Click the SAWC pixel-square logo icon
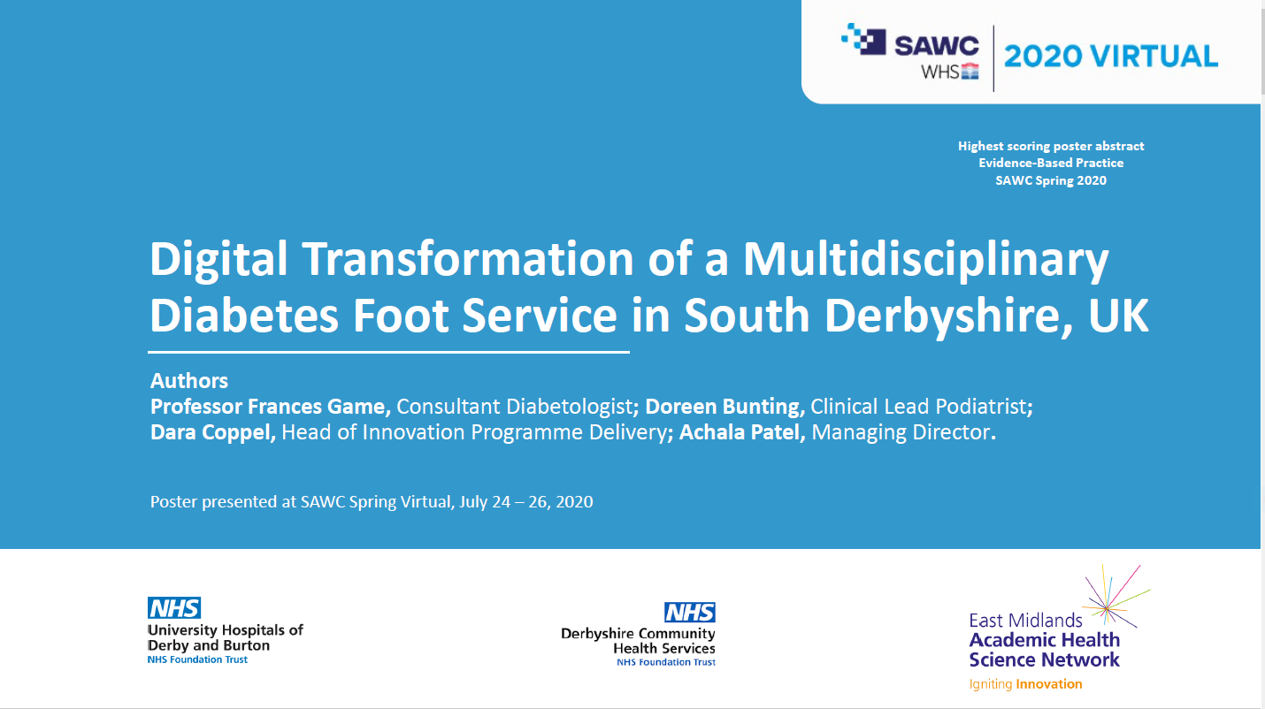pos(863,39)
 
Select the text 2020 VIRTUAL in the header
pos(1111,57)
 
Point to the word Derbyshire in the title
pos(948,315)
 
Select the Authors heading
pos(189,381)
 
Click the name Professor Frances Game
pos(271,407)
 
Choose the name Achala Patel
pos(742,432)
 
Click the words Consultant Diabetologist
pos(515,407)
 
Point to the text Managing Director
pos(901,432)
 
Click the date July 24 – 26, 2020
pos(525,502)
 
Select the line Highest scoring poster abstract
pos(1051,146)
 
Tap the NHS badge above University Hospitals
pos(174,608)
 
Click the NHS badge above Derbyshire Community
pos(689,613)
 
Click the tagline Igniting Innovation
pos(1025,684)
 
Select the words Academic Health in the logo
pos(1044,640)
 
